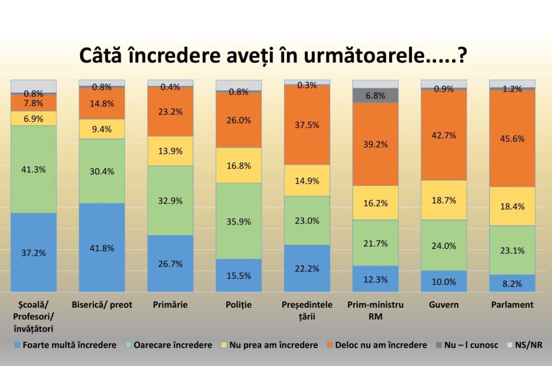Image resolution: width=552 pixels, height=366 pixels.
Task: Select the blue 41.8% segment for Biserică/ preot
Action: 102,247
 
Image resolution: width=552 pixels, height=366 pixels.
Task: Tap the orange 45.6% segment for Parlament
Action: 512,138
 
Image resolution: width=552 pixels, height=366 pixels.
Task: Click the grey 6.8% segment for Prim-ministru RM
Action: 375,96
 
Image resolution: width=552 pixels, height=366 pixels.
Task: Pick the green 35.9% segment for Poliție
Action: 239,221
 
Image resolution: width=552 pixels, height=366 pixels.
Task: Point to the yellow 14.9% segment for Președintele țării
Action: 307,180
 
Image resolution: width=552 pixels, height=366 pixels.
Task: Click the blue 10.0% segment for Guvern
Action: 444,281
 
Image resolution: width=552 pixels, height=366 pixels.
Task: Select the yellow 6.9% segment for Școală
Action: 33,118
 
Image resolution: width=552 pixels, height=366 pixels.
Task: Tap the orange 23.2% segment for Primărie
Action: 170,112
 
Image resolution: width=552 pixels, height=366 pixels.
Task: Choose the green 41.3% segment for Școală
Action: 33,169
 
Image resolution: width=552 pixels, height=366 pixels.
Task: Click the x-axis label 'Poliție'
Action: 239,305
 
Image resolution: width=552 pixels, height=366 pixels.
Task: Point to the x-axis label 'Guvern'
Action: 444,305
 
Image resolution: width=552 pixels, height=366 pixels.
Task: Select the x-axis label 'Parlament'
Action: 512,305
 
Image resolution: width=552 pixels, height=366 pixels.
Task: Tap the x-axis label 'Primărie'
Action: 170,305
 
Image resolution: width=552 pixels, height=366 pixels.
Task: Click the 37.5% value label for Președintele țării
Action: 307,125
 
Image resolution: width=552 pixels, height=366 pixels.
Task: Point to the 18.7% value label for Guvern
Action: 444,200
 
